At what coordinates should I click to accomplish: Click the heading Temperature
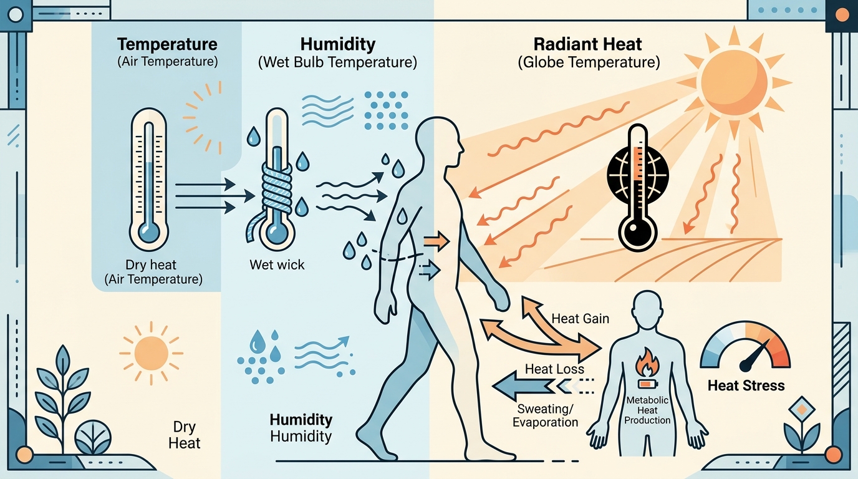(167, 44)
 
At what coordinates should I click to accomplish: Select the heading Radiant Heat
(587, 44)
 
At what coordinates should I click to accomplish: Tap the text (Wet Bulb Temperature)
(337, 62)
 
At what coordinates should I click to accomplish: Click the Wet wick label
(277, 265)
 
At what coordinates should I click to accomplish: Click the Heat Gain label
(581, 319)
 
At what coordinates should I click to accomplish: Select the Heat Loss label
(554, 369)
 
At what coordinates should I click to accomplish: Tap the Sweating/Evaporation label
(545, 415)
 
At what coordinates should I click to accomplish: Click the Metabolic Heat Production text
(647, 410)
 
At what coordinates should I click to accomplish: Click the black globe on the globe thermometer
(638, 175)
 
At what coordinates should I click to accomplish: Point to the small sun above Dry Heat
(152, 353)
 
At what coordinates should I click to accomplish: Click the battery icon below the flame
(648, 384)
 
